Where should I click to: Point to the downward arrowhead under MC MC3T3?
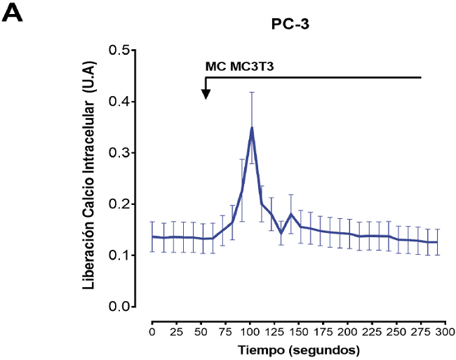[x=206, y=93]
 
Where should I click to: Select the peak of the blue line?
[x=251, y=128]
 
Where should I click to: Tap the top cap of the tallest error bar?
[x=251, y=92]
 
